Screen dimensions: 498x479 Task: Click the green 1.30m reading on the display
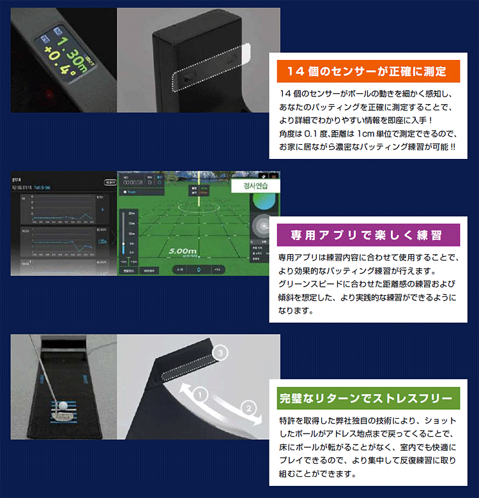pos(66,52)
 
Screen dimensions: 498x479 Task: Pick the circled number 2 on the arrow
pos(249,407)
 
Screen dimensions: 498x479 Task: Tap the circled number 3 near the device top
pos(221,352)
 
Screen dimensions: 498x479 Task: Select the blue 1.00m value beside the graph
pos(103,241)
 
